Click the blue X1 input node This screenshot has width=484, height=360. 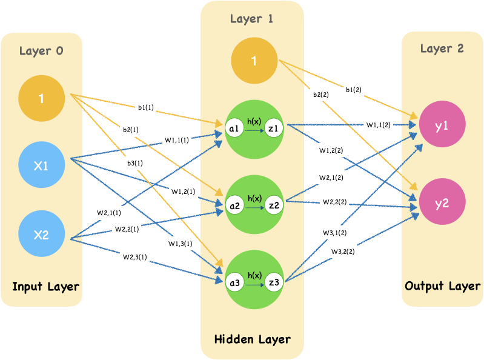pos(41,165)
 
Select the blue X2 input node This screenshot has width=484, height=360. pos(41,235)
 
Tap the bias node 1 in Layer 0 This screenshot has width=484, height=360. pos(41,98)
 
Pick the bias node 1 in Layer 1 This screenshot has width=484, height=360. pos(254,61)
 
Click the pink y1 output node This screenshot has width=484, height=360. pos(442,125)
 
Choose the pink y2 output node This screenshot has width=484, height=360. pos(442,203)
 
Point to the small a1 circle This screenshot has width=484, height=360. pos(234,128)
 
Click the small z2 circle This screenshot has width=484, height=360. pos(274,205)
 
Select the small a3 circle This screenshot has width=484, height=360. pos(234,283)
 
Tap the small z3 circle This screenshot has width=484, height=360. pos(274,283)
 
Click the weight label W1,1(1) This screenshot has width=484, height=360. pos(176,140)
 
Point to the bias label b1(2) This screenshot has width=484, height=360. pos(354,90)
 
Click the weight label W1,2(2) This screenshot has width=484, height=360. pos(331,150)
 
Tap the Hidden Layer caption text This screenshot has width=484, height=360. pos(253,339)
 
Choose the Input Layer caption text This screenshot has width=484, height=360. pos(46,286)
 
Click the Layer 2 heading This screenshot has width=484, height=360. pos(442,48)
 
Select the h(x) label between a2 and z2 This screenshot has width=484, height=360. pos(254,198)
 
